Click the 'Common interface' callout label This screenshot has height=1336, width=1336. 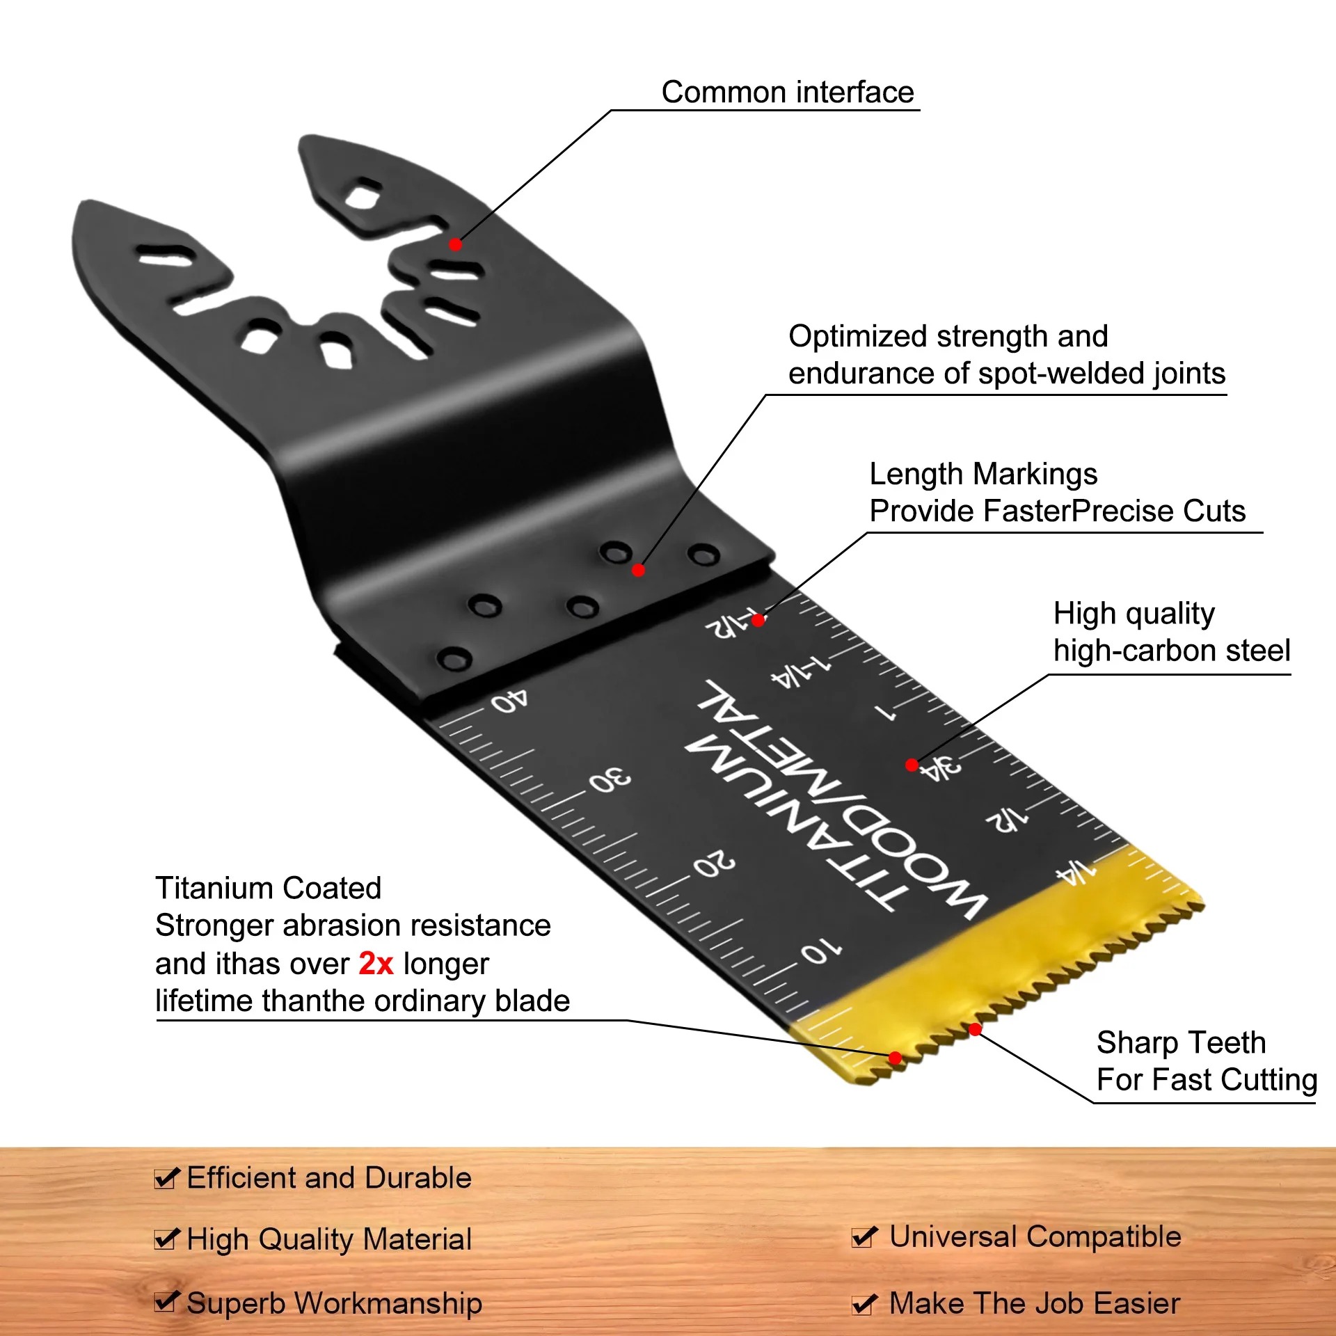point(787,93)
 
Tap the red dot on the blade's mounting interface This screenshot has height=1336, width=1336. point(455,244)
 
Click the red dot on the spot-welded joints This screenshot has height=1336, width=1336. point(638,571)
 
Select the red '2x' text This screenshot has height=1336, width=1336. point(376,964)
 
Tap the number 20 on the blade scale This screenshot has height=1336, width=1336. point(714,864)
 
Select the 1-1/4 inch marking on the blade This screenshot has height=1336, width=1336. point(800,671)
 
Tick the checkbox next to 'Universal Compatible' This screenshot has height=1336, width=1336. point(865,1236)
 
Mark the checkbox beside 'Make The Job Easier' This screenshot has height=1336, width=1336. point(865,1303)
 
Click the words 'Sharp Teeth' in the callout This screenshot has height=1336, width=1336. point(1181,1042)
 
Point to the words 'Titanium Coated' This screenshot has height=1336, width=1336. point(268,889)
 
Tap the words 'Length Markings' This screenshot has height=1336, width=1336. point(983,475)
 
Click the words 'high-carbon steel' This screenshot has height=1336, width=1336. point(1172,651)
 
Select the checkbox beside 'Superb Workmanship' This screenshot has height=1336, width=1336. point(167,1301)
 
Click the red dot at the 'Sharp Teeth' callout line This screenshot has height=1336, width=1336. point(975,1029)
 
